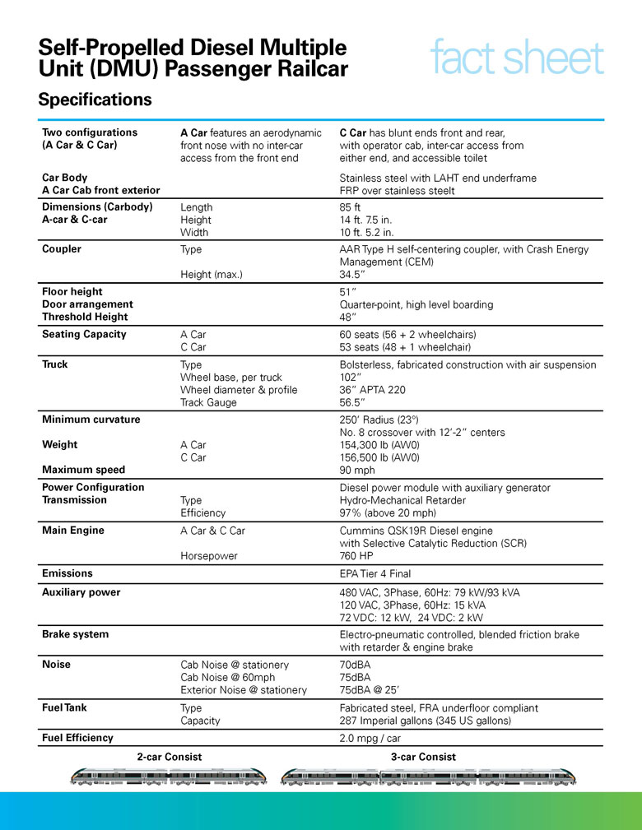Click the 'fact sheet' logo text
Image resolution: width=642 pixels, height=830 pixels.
pyautogui.click(x=516, y=59)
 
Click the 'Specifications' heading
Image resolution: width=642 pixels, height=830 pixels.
pyautogui.click(x=95, y=100)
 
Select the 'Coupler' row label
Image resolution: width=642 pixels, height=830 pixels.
pyautogui.click(x=62, y=249)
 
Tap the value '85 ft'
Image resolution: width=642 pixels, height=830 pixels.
pyautogui.click(x=351, y=207)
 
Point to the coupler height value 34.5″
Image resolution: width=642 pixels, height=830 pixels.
pyautogui.click(x=354, y=275)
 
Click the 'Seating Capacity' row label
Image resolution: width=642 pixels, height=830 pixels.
pyautogui.click(x=84, y=334)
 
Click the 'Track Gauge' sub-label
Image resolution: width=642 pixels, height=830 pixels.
pyautogui.click(x=208, y=403)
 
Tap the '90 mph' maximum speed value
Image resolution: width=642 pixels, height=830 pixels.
pyautogui.click(x=357, y=471)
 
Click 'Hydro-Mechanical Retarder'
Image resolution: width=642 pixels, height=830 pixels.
pyautogui.click(x=403, y=500)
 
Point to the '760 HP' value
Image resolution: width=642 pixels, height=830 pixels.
pyautogui.click(x=358, y=556)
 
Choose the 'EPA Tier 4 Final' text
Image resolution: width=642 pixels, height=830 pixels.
pyautogui.click(x=375, y=573)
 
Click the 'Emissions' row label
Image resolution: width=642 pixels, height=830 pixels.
pyautogui.click(x=67, y=573)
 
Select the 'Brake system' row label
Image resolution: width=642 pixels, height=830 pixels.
pyautogui.click(x=75, y=634)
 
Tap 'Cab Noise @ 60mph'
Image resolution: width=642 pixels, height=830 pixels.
pyautogui.click(x=228, y=677)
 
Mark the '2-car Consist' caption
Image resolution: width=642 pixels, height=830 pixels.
pyautogui.click(x=169, y=757)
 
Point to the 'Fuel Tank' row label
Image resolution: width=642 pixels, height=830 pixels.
pyautogui.click(x=64, y=707)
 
